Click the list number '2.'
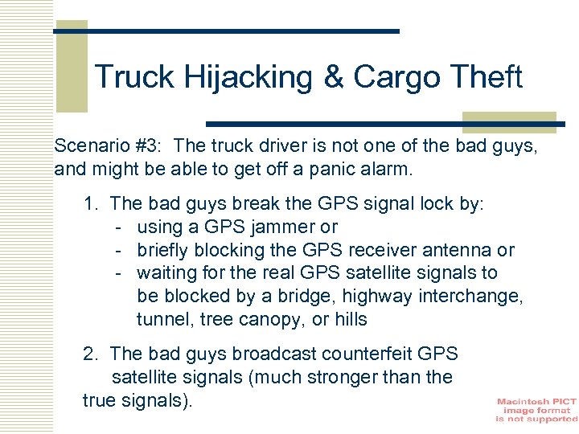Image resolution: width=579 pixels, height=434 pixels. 91,354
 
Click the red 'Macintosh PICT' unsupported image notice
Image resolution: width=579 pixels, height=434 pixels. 536,410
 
